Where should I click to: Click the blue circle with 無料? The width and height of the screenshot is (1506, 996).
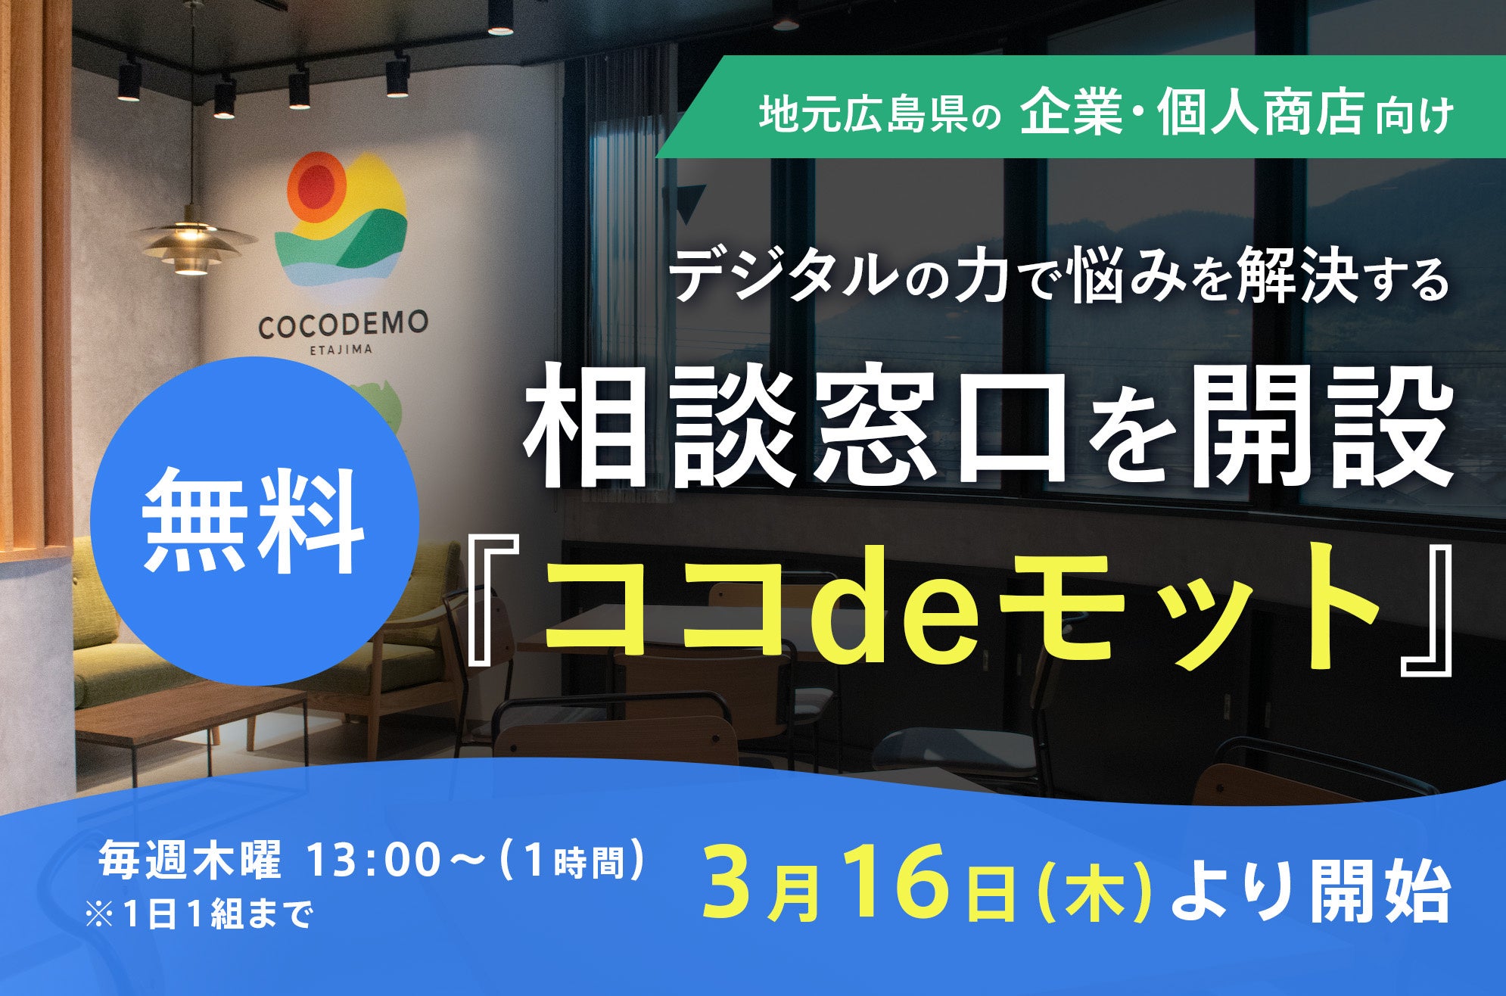[x=255, y=521]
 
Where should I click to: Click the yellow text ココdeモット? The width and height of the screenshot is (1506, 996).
[x=961, y=608]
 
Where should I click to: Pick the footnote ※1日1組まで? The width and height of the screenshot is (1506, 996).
[x=199, y=916]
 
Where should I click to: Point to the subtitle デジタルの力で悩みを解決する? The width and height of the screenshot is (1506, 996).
[x=1059, y=276]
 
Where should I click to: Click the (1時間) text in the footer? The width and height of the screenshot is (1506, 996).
[x=575, y=861]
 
